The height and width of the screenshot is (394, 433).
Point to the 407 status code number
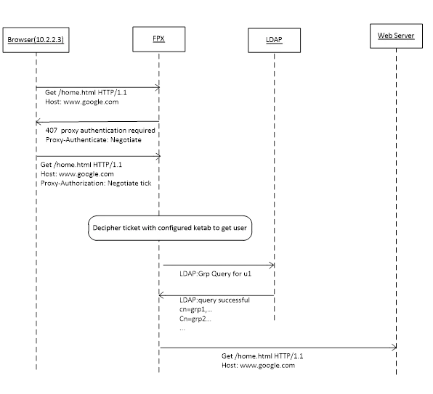click(x=52, y=130)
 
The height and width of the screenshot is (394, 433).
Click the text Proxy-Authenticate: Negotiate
click(x=93, y=140)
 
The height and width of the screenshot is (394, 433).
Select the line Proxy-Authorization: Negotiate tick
click(x=96, y=183)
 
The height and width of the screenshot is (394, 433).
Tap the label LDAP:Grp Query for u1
click(x=215, y=274)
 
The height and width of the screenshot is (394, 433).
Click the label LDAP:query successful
click(x=214, y=300)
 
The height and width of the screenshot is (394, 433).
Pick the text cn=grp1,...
click(x=195, y=309)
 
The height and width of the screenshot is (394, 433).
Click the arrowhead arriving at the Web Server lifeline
click(x=394, y=348)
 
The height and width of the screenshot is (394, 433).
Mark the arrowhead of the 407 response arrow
click(x=38, y=122)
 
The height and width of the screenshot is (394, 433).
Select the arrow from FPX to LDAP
click(x=219, y=266)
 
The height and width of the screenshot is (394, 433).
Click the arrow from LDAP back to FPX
click(x=216, y=295)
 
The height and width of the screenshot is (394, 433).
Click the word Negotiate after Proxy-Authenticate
click(x=126, y=140)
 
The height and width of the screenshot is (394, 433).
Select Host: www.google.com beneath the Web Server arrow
click(x=258, y=365)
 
